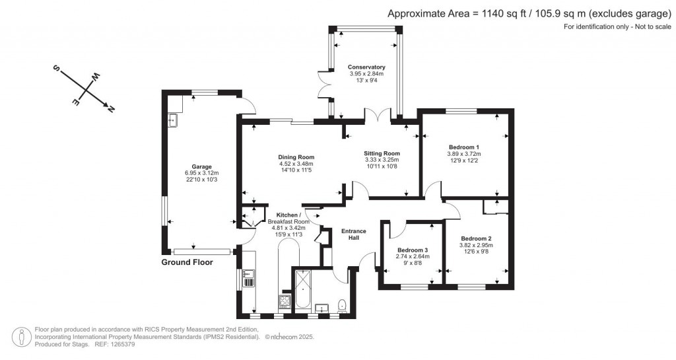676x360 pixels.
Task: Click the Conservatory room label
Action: [x=366, y=67]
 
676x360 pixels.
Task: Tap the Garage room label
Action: [x=202, y=166]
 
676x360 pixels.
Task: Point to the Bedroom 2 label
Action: [x=476, y=238]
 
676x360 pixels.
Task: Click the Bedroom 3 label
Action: [x=413, y=250]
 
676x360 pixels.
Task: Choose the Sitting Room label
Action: [x=382, y=153]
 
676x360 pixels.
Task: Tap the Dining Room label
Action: [x=296, y=157]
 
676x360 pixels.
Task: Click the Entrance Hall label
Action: [x=354, y=234]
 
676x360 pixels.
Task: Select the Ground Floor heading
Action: [x=187, y=262]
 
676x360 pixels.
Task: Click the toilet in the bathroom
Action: [x=343, y=305]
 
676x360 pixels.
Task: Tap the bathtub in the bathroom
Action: [x=303, y=289]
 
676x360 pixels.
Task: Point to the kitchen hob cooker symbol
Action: [x=285, y=301]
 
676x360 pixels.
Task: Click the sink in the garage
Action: [x=174, y=121]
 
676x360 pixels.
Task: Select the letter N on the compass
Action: [x=111, y=109]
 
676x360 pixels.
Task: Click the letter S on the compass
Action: [x=56, y=68]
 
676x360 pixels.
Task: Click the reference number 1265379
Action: [x=123, y=345]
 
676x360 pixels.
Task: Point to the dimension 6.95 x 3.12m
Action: [x=202, y=173]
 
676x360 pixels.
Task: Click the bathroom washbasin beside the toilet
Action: [x=321, y=307]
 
